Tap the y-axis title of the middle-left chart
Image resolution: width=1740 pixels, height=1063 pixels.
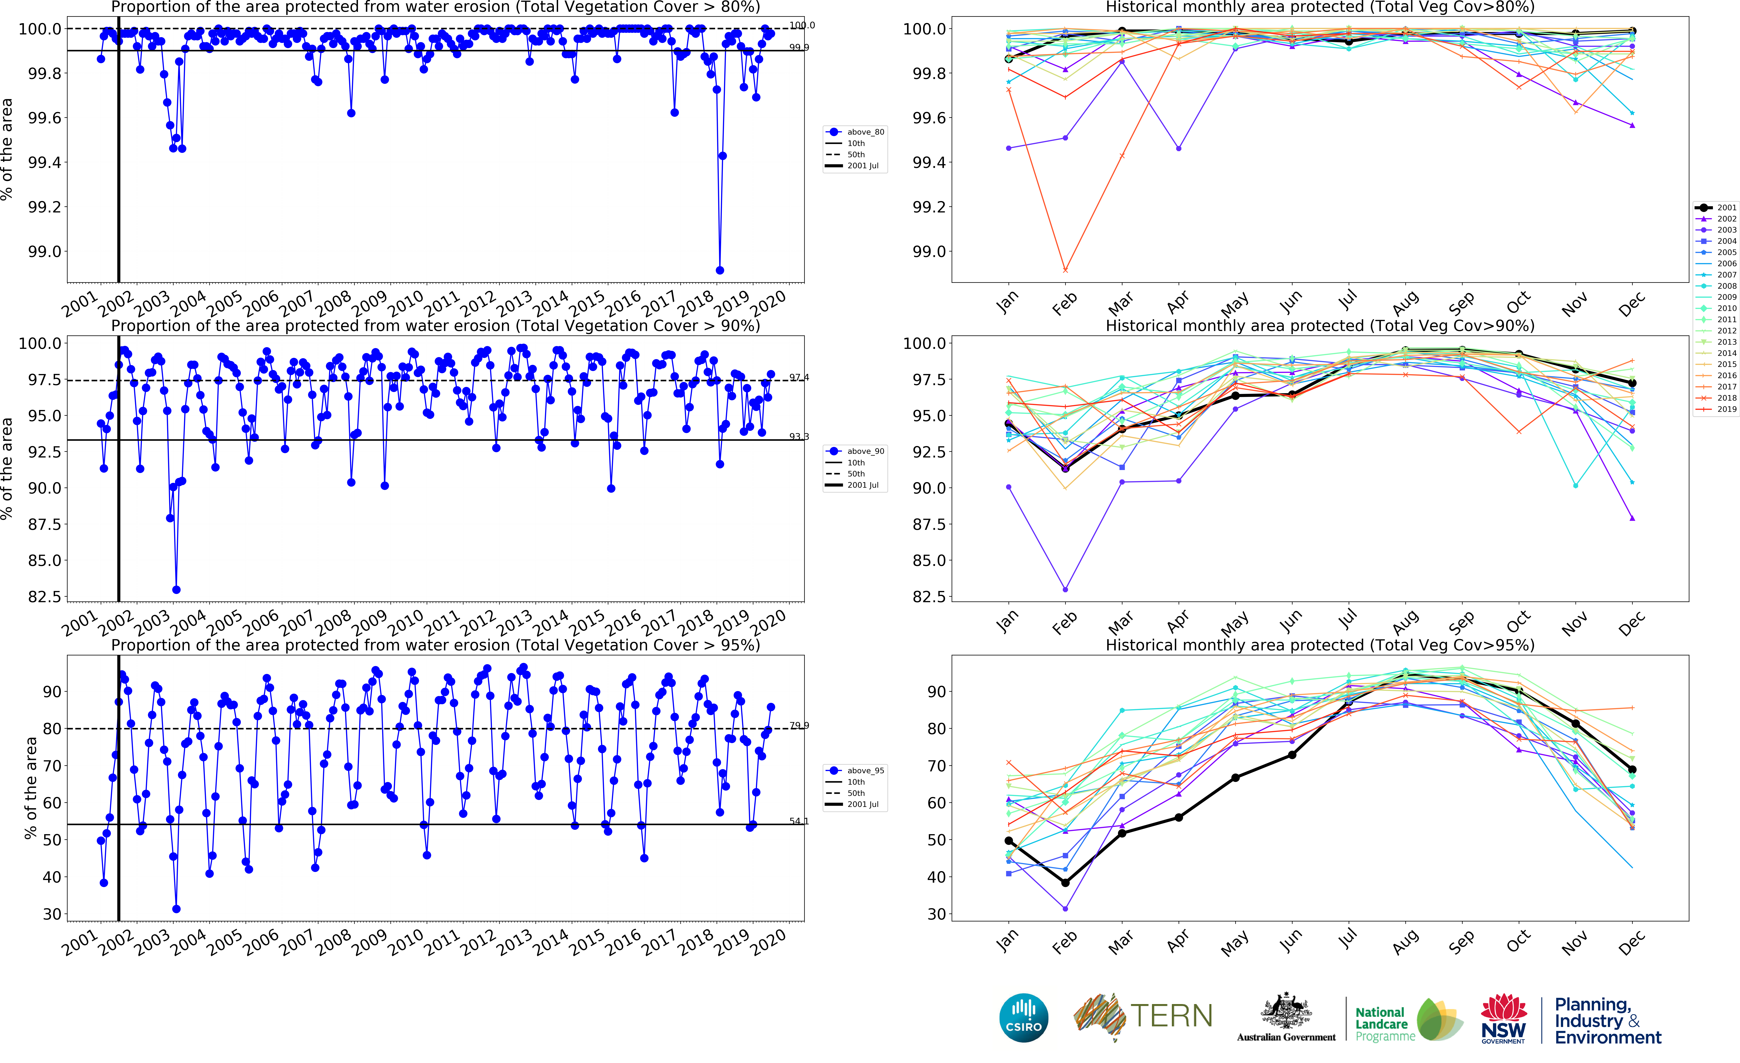pos(7,469)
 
